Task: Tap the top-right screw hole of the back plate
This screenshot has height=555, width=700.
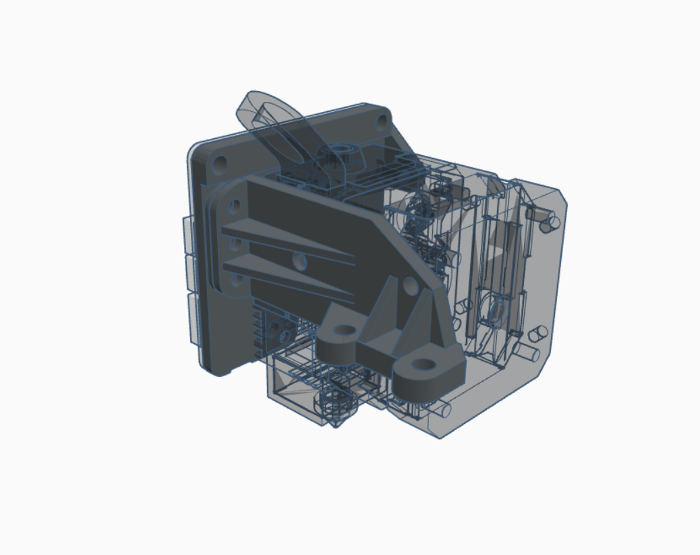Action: tap(382, 122)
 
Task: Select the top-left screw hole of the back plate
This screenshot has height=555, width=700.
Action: tap(219, 164)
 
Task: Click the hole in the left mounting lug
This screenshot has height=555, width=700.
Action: tap(345, 330)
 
